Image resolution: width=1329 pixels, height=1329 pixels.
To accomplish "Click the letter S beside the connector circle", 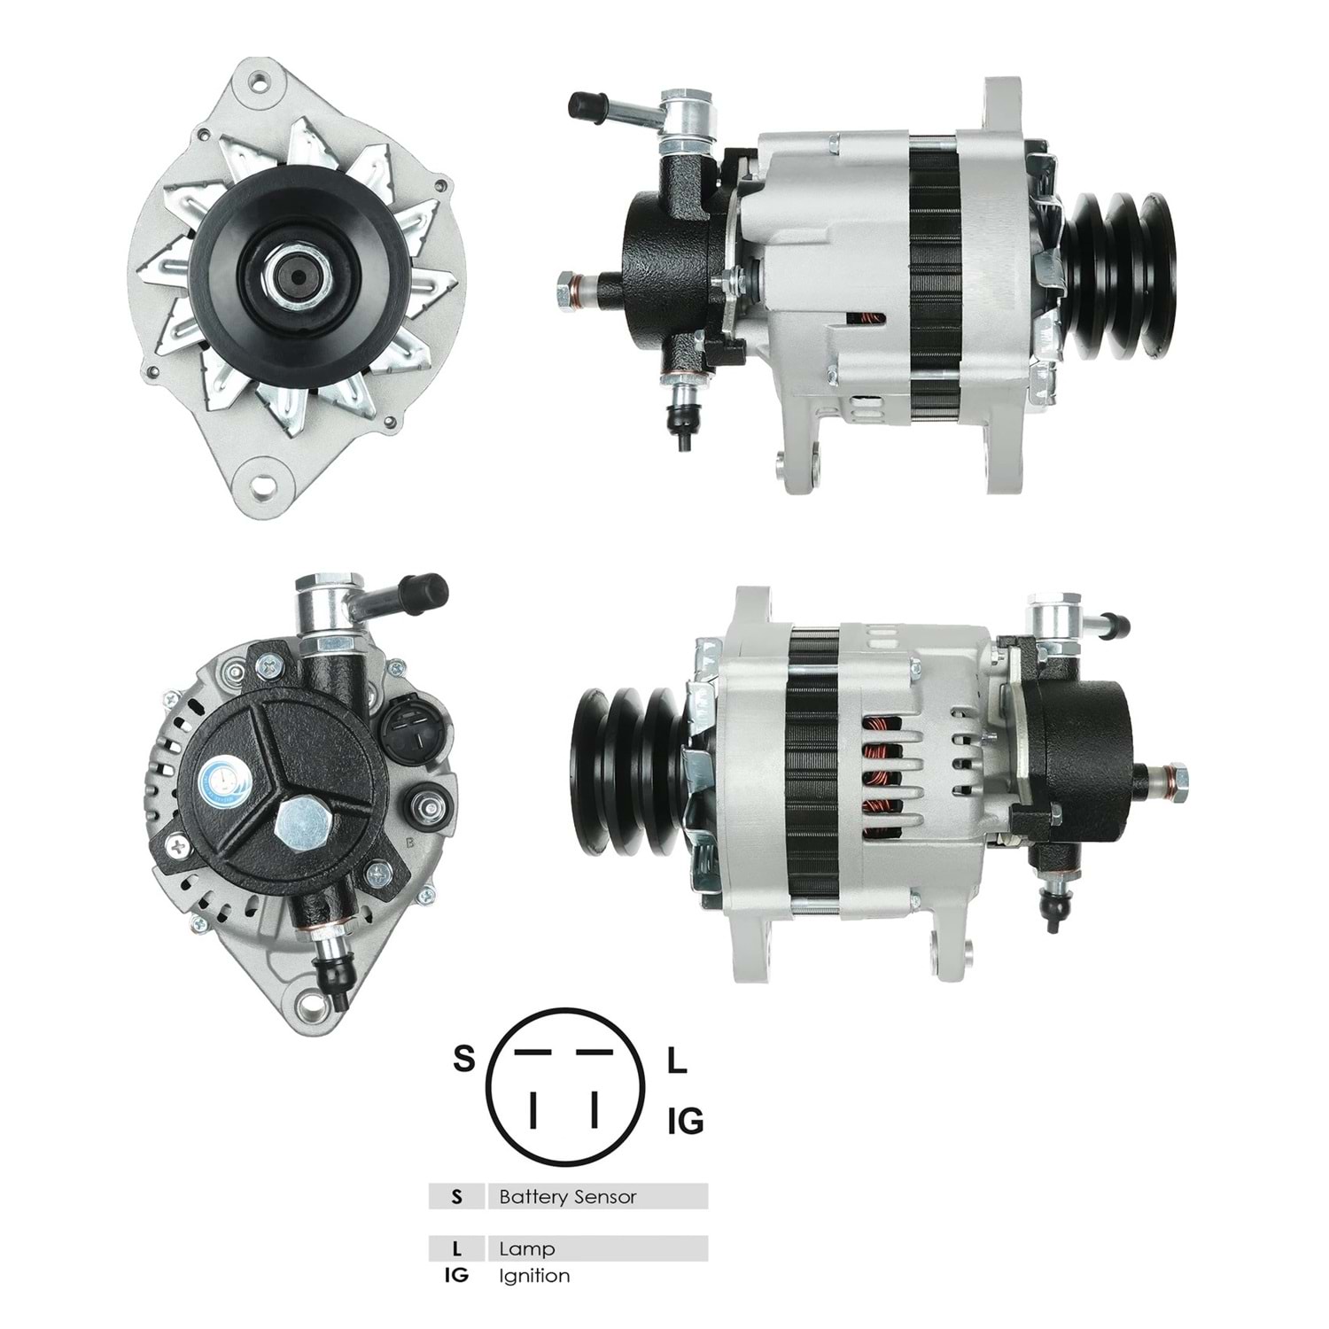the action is [464, 1059].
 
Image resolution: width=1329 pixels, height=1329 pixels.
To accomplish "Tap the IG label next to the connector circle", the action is [685, 1122].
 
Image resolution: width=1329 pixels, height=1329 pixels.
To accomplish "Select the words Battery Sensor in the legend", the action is [568, 1197].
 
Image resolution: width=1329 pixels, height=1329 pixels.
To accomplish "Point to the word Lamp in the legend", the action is [527, 1249].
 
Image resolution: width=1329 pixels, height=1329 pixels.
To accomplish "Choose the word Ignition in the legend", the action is [534, 1276].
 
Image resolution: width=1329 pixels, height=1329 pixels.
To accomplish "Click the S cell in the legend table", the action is [456, 1197].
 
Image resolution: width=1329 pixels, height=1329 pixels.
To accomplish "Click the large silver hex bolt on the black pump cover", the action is [299, 823].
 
